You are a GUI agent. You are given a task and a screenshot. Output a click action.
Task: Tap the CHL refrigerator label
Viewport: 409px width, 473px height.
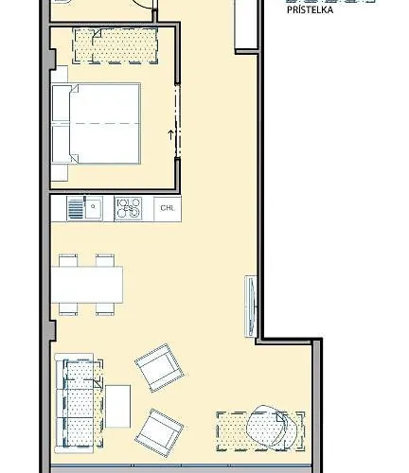tap(167, 207)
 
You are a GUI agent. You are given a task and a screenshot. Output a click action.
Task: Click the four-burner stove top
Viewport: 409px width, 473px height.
tap(128, 207)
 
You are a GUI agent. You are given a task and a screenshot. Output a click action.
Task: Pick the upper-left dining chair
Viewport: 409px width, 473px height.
tap(68, 258)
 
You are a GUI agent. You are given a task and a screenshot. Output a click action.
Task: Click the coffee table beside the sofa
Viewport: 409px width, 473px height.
tap(117, 405)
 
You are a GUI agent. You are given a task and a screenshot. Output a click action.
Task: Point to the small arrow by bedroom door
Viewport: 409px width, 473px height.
tap(170, 134)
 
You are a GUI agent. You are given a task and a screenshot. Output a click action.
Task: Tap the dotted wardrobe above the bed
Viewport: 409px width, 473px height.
tap(119, 44)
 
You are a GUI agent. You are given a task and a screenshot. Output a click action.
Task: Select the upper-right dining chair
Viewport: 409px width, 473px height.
tap(105, 258)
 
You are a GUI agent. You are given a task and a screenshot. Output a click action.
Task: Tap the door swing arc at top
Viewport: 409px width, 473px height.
tap(142, 5)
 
